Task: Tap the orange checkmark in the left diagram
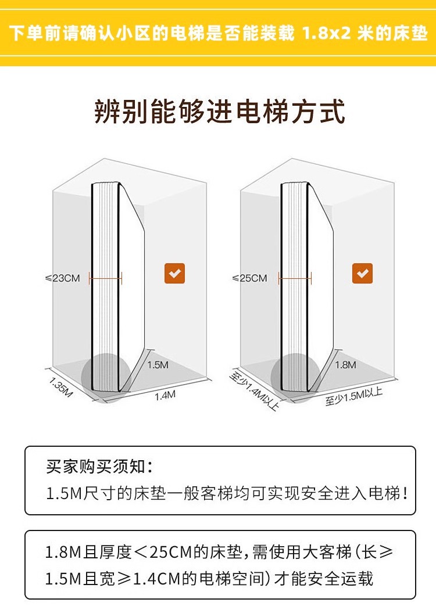click(x=174, y=273)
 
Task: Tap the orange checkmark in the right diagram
click(x=362, y=273)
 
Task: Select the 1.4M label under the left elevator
click(x=165, y=396)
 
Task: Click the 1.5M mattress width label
click(x=158, y=365)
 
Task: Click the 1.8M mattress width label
click(x=345, y=365)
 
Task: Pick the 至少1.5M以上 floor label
click(x=353, y=397)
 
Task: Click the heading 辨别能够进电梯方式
click(x=220, y=112)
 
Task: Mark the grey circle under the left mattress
click(x=105, y=375)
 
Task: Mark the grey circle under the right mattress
click(x=295, y=376)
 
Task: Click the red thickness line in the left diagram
click(x=106, y=278)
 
